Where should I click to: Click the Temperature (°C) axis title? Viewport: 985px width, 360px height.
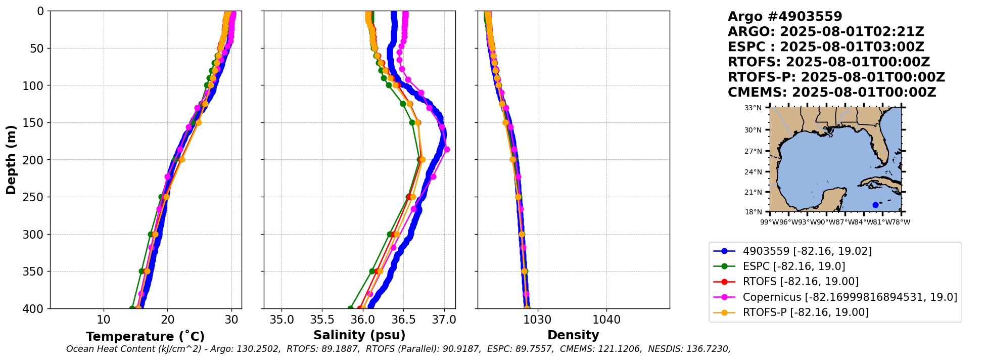(145, 337)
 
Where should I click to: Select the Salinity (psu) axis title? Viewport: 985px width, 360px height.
(359, 335)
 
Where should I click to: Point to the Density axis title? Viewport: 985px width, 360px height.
(573, 335)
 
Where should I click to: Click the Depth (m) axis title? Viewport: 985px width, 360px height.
(11, 160)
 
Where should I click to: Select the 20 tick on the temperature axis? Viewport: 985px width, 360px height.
(168, 320)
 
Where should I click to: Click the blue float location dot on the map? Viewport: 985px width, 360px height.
(875, 205)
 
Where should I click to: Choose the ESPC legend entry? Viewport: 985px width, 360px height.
(793, 266)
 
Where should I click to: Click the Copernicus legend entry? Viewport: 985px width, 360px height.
(850, 297)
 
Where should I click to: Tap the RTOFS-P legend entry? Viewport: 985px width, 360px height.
(806, 312)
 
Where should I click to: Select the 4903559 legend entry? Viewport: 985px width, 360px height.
(807, 251)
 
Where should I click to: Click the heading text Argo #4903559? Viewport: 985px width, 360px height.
(785, 17)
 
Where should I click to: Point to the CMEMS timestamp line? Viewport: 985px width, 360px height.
(832, 93)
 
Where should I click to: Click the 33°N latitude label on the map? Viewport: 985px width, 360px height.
(753, 108)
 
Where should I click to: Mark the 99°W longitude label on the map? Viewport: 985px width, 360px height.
(770, 222)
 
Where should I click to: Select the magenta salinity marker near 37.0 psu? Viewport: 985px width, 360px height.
(447, 149)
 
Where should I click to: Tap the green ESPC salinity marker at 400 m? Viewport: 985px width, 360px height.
(350, 308)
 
